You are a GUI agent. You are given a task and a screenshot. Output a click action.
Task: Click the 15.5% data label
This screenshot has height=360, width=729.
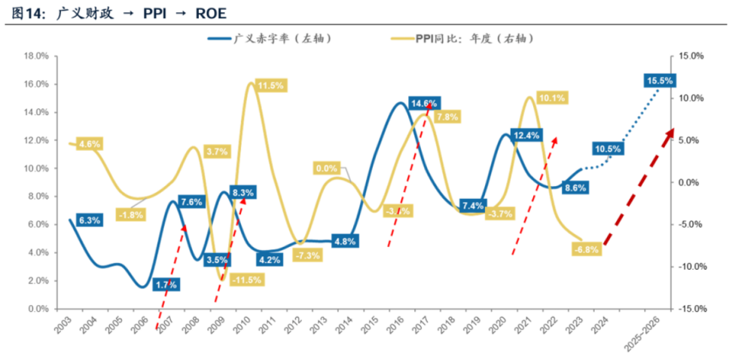point(660,81)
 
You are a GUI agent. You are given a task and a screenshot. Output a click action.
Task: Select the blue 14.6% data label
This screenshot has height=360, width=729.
point(424,103)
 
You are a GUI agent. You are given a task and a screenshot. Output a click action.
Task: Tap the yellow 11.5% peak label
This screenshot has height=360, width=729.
point(270,86)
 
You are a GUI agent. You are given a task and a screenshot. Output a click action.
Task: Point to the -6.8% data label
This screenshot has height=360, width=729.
point(586,249)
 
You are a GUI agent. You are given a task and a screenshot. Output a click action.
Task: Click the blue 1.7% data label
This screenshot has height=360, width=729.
point(166,285)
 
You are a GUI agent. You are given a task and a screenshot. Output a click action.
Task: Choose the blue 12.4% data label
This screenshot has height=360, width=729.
point(526,136)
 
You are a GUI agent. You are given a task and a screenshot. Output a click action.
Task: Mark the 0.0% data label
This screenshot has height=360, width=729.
point(326,168)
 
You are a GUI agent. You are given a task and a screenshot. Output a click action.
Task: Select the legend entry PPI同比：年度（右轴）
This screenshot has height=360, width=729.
point(467,38)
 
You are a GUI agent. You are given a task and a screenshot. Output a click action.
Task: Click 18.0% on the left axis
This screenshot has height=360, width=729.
point(37,56)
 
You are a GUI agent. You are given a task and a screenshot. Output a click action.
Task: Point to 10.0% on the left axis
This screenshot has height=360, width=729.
point(37,168)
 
